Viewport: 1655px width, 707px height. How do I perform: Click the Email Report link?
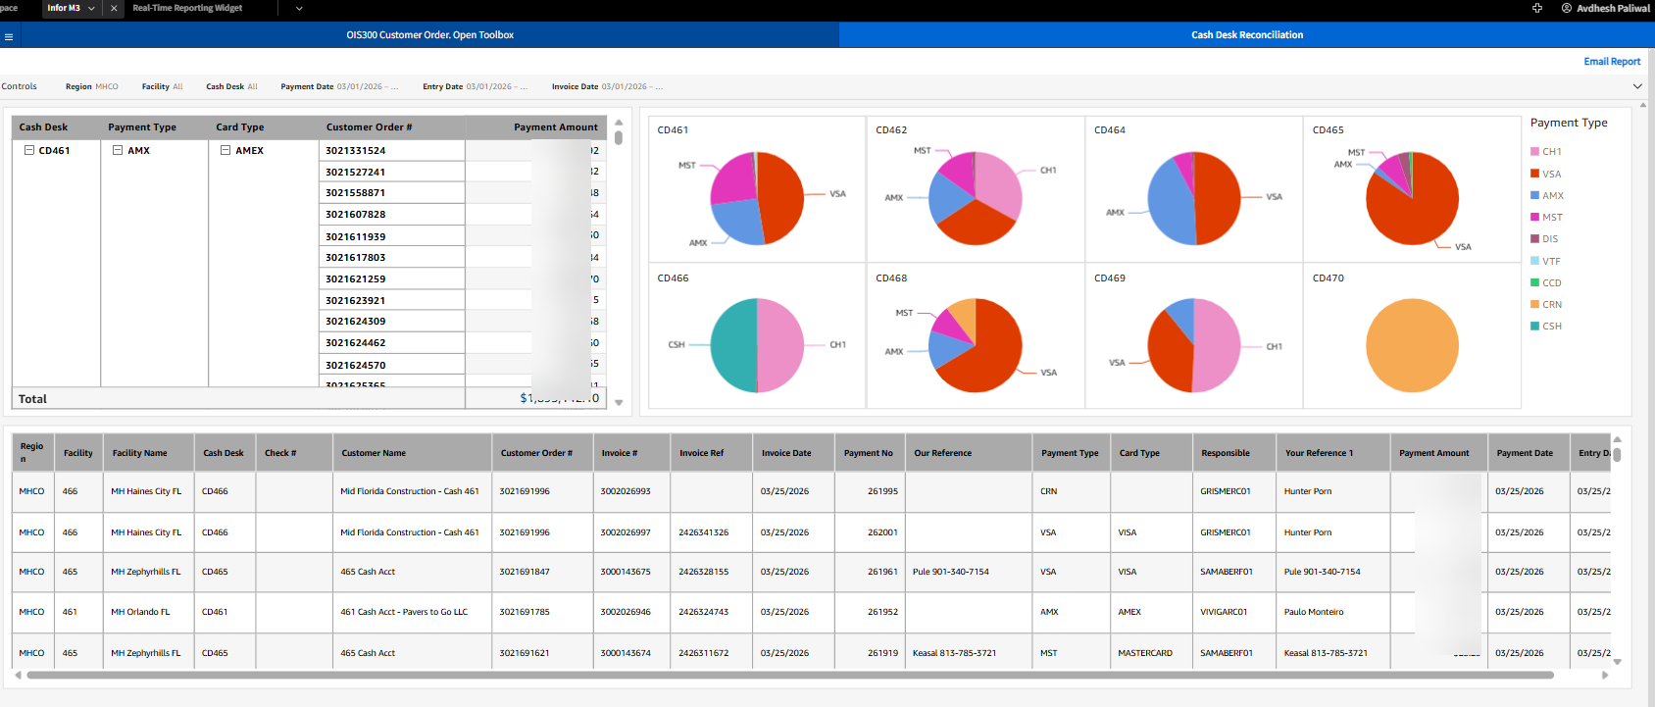point(1611,62)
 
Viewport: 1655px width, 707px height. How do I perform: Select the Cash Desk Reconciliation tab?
point(1246,35)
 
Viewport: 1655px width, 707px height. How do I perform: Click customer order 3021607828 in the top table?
point(356,215)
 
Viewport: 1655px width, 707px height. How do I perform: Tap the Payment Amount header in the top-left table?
point(555,127)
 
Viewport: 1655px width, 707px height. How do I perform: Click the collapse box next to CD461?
point(29,151)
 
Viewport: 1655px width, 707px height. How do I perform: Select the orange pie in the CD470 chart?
point(1412,345)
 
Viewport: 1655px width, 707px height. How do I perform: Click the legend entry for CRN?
point(1551,305)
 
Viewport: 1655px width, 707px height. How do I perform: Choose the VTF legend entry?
point(1550,262)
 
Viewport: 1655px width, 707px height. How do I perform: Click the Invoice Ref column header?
point(701,453)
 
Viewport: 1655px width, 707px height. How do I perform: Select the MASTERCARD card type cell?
point(1144,653)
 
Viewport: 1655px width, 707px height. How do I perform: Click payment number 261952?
point(882,612)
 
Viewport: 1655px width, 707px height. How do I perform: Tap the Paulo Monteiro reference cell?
point(1313,612)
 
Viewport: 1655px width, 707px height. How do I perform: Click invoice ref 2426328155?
point(703,572)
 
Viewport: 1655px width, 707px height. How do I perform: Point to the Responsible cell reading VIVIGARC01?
point(1223,612)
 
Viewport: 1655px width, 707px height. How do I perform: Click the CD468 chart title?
point(891,278)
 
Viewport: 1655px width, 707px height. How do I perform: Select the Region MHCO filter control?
point(92,87)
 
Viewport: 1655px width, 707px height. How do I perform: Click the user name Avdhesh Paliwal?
point(1612,8)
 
